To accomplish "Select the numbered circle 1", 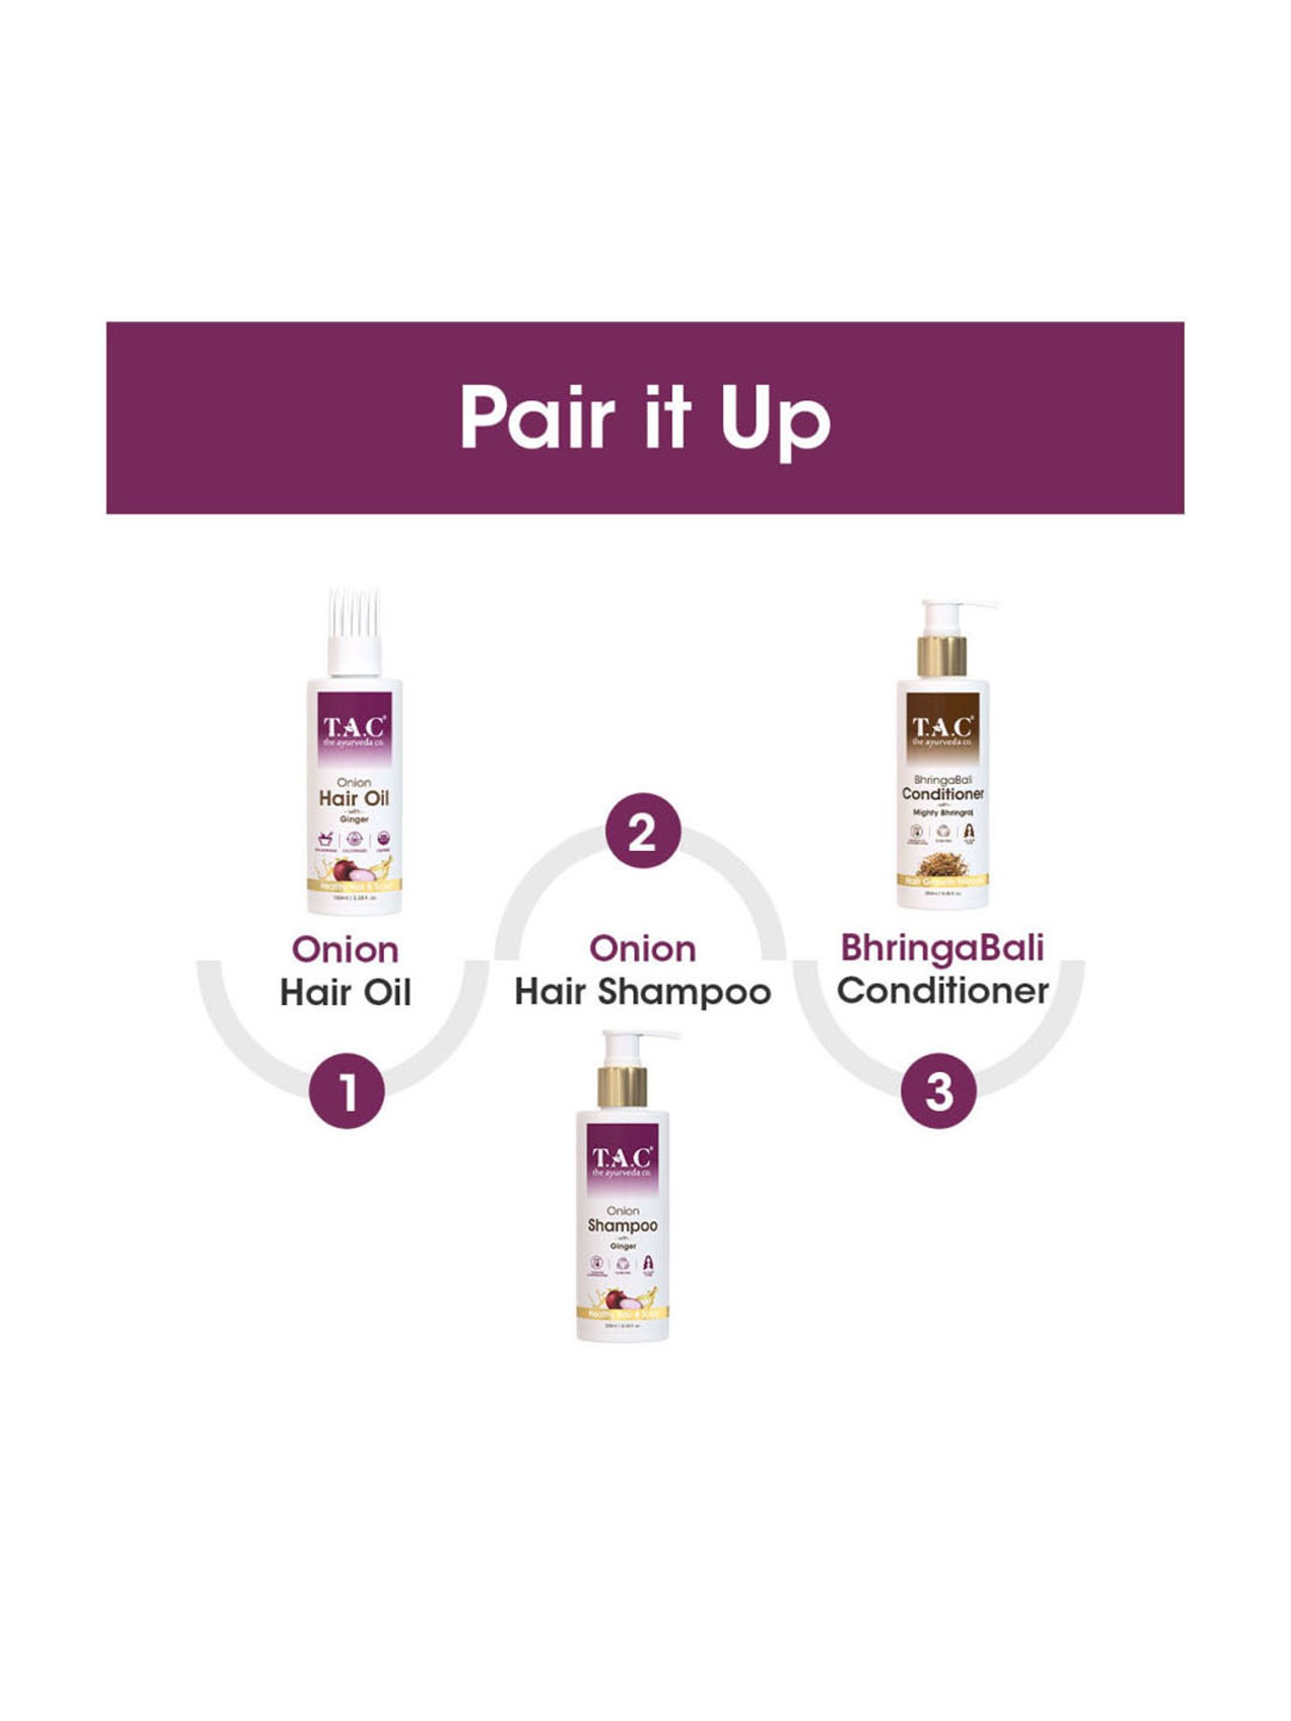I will tap(346, 1091).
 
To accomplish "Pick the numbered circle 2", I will tap(642, 832).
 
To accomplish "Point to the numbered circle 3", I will tap(939, 1090).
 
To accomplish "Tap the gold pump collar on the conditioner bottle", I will tap(942, 657).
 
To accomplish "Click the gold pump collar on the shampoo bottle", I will tap(622, 1087).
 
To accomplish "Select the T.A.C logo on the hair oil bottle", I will tap(355, 728).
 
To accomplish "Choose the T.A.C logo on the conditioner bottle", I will tap(942, 729).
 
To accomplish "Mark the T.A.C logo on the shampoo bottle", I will tap(622, 1159).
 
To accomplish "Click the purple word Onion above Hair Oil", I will tap(345, 950).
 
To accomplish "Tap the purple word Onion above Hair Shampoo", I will tap(642, 949).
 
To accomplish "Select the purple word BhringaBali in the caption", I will tap(942, 947).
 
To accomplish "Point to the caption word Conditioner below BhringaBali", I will tap(942, 990).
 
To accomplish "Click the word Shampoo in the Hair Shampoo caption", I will tap(684, 992).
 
